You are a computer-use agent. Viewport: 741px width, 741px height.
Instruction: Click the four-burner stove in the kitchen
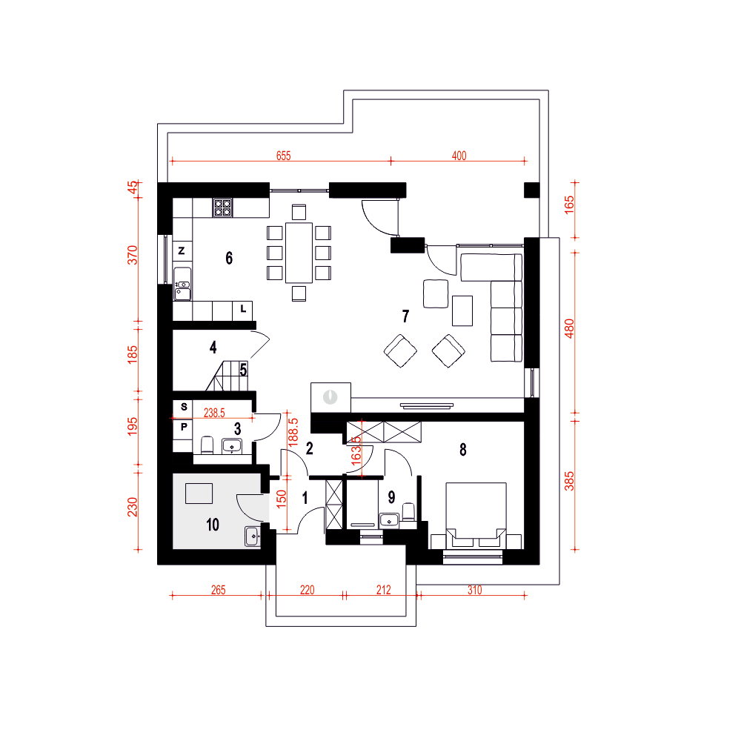[x=222, y=207]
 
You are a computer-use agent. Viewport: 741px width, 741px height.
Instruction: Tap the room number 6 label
[x=229, y=258]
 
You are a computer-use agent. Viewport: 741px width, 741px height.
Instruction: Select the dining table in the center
[x=299, y=253]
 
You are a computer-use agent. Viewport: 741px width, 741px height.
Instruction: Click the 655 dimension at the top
[x=284, y=156]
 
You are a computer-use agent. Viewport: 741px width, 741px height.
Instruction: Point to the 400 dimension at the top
[x=459, y=156]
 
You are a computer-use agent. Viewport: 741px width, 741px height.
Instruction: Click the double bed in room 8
[x=476, y=516]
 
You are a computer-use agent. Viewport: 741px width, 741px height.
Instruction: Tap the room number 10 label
[x=213, y=525]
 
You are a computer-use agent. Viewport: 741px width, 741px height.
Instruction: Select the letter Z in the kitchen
[x=182, y=251]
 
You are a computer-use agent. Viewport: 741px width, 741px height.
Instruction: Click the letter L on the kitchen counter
[x=243, y=309]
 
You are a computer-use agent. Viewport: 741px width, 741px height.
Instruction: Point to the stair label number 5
[x=243, y=370]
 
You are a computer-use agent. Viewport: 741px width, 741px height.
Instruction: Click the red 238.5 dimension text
[x=214, y=413]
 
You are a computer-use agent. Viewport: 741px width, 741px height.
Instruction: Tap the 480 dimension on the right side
[x=569, y=328]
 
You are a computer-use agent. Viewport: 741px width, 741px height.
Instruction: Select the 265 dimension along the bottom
[x=219, y=590]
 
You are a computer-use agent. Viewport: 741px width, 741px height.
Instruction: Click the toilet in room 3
[x=207, y=445]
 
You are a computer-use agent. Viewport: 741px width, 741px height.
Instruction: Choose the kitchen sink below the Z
[x=182, y=284]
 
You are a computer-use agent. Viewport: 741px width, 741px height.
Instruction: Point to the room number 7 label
[x=405, y=316]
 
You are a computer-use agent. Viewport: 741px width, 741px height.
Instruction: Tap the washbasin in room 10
[x=253, y=536]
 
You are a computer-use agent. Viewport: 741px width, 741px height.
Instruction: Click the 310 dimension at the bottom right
[x=474, y=590]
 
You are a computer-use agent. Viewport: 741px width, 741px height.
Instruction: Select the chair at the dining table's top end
[x=299, y=212]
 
